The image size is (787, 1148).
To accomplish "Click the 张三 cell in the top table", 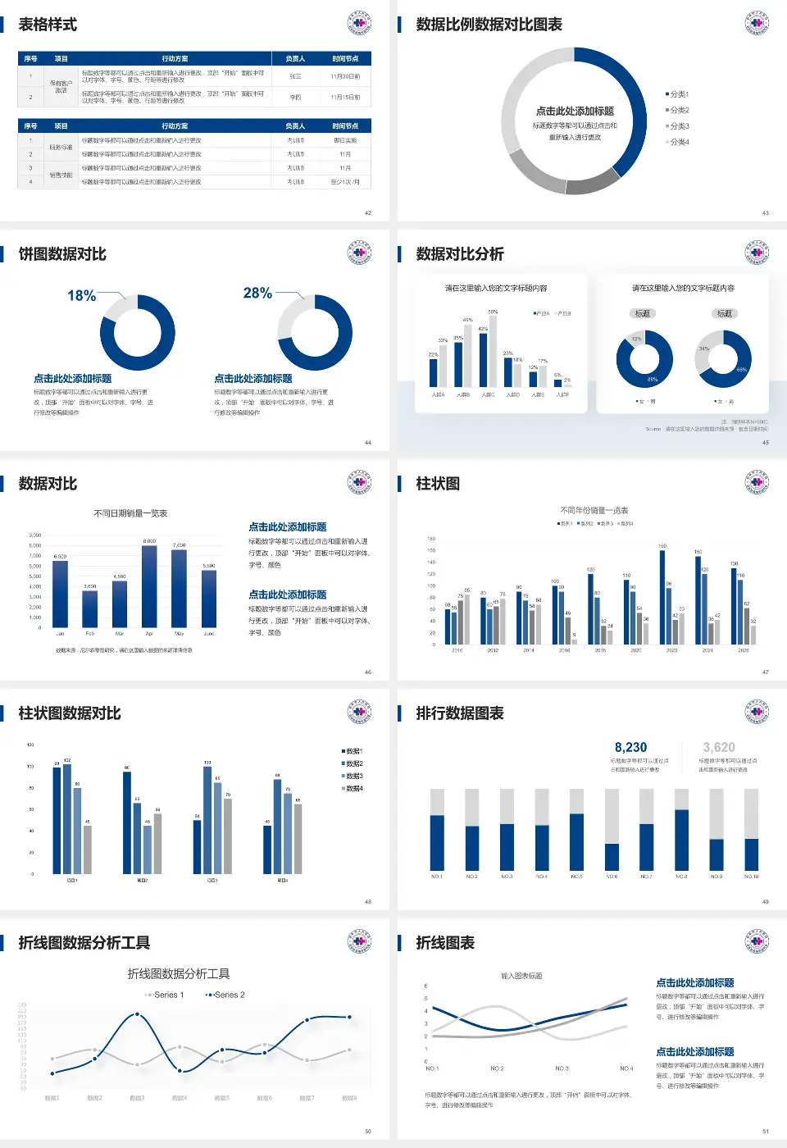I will (x=295, y=76).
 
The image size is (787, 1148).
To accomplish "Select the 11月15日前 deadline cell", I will (x=345, y=97).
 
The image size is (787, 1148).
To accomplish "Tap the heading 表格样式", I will (x=48, y=25).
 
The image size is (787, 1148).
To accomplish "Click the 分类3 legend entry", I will (x=679, y=126).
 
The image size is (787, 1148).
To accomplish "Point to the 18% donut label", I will (x=81, y=295).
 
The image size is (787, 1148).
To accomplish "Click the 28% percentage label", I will (x=257, y=293).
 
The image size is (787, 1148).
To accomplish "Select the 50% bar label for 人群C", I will (x=493, y=312).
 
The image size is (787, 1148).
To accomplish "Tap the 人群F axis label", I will (x=562, y=394).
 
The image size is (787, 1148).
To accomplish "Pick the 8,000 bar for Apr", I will (x=149, y=586).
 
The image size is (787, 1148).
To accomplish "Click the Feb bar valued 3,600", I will (x=90, y=608).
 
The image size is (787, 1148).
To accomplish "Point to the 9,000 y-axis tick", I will (x=35, y=535).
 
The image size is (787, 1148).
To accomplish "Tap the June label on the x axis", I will (x=209, y=634).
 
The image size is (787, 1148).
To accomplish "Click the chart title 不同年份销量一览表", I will (x=594, y=510).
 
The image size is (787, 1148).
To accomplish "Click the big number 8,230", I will (x=630, y=747).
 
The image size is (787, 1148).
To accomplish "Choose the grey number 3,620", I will (x=719, y=747).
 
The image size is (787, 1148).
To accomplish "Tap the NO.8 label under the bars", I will (x=681, y=877).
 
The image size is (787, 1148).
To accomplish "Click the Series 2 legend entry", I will (x=226, y=995).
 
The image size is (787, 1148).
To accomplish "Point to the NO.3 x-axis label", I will (x=562, y=1068).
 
